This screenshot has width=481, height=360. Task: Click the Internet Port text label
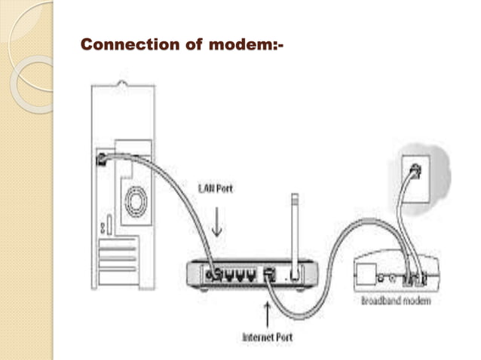pos(267,337)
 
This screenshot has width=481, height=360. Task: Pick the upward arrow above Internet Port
pos(267,310)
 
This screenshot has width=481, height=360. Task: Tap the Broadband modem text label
pos(395,301)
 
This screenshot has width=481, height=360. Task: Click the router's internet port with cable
pos(268,274)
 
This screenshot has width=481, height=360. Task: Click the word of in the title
pos(191,44)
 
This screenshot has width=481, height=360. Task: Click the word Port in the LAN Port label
pos(225,188)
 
